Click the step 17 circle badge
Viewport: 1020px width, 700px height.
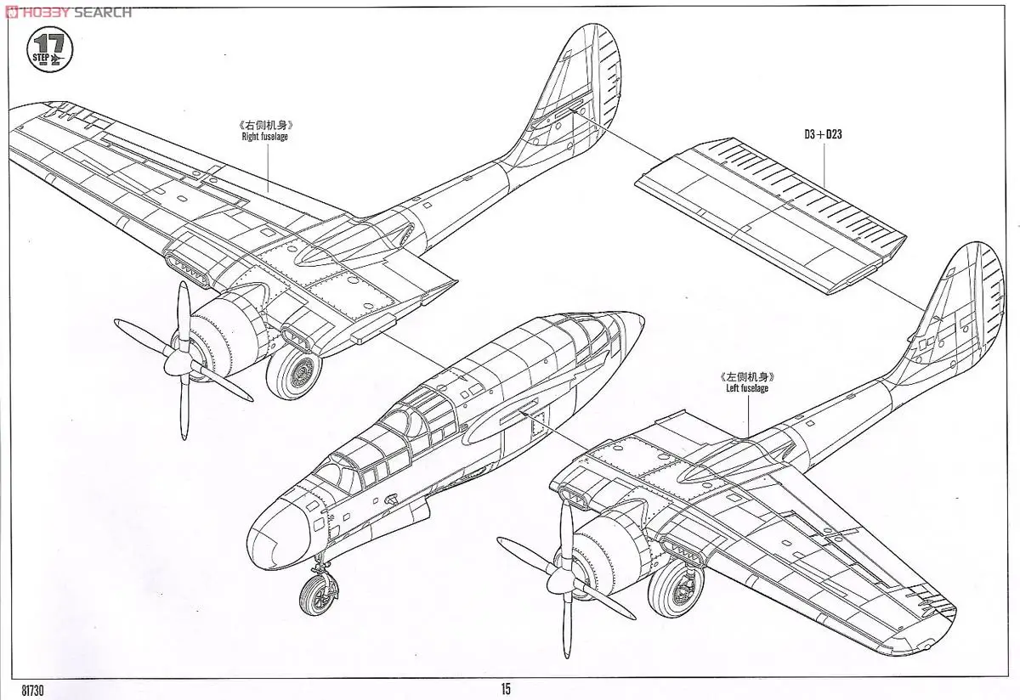51,51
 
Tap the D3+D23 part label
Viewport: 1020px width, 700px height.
823,134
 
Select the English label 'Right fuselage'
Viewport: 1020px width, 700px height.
263,137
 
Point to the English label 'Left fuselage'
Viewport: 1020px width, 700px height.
747,388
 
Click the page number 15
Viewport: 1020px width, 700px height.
506,688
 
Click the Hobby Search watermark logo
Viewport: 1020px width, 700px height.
68,11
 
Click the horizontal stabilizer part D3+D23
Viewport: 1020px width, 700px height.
765,212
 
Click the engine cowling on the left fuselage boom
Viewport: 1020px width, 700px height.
608,552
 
